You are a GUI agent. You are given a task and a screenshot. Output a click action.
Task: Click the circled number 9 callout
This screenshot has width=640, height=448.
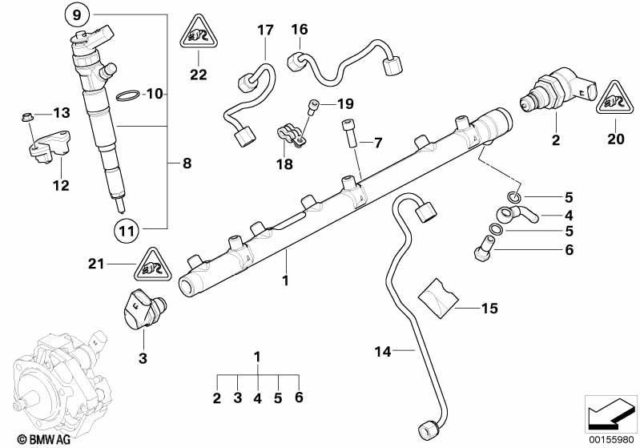click(77, 15)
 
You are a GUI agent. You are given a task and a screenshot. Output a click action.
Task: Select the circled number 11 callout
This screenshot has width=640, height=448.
click(126, 232)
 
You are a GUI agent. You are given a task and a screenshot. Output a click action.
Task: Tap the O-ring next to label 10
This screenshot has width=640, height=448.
click(127, 95)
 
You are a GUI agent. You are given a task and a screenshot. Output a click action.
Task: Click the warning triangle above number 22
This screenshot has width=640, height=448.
click(199, 32)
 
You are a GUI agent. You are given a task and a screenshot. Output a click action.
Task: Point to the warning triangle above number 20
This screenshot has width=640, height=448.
click(615, 98)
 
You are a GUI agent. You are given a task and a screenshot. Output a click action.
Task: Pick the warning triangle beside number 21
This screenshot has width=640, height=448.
click(154, 265)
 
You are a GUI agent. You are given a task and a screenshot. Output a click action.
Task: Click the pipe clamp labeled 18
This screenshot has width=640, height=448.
click(291, 136)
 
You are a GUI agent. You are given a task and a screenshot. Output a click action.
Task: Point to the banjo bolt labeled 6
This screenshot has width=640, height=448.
click(484, 248)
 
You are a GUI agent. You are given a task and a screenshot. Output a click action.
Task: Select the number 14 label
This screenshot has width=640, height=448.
click(382, 351)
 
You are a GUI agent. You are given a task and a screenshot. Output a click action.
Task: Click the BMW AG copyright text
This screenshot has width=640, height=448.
click(44, 439)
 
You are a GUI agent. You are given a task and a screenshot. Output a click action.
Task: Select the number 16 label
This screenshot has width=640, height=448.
click(300, 30)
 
